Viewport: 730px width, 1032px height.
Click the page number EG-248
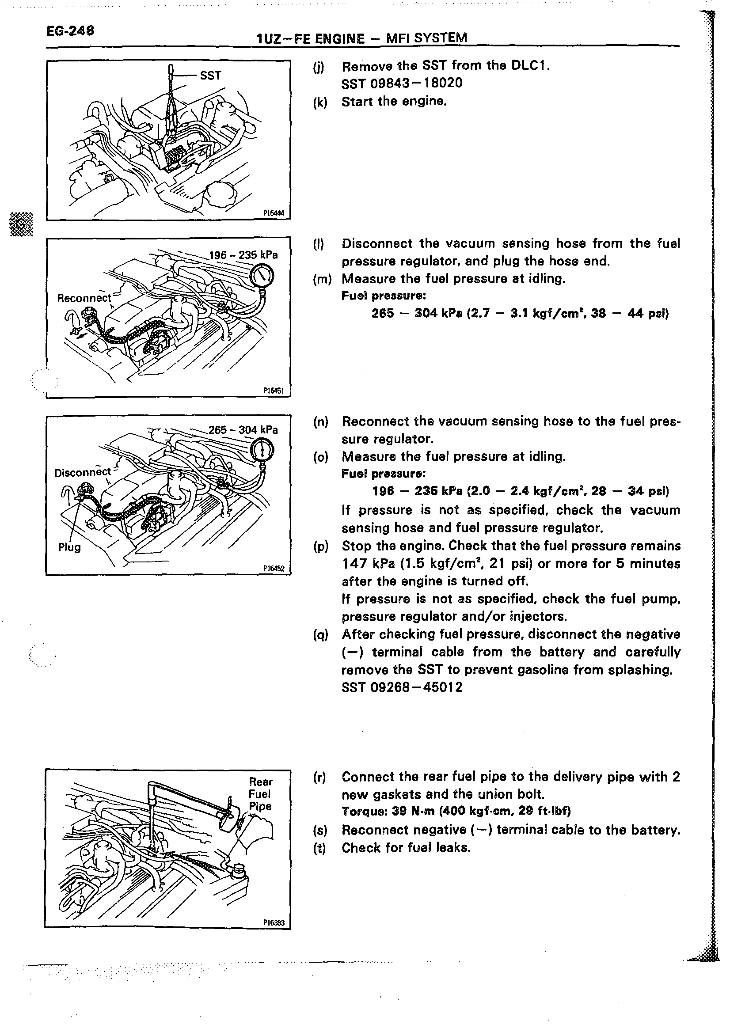point(70,31)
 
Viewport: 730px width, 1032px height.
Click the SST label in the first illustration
point(210,75)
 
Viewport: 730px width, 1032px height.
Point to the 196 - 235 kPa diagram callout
point(243,255)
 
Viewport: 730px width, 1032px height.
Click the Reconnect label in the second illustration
point(84,298)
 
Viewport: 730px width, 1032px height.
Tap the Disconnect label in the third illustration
point(83,472)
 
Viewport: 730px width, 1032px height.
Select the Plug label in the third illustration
point(70,547)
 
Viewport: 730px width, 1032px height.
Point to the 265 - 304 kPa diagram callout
point(243,430)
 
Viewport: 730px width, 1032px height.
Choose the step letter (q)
point(321,635)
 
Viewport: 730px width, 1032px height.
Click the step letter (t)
point(320,848)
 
